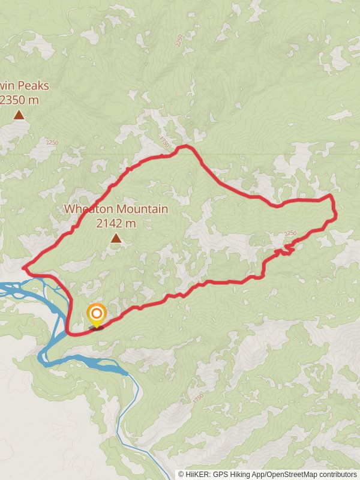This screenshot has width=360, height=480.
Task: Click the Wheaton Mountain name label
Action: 116,209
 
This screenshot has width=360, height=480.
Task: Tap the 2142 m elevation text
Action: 116,223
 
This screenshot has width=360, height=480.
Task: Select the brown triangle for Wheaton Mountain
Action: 116,239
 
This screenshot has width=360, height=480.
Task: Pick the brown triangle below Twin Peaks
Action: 19,115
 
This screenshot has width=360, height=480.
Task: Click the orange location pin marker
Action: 96,314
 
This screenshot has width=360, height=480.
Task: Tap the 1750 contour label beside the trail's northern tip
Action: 166,142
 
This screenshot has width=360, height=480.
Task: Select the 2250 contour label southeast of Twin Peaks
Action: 52,143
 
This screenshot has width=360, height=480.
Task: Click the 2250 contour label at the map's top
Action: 179,40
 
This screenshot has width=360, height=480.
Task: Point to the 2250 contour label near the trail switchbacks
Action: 290,233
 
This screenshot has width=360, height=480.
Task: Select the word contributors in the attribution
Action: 338,474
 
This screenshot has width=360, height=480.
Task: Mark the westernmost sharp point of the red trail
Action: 23,268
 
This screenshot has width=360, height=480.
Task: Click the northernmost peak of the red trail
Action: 187,146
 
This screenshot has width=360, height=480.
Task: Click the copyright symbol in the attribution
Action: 181,474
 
